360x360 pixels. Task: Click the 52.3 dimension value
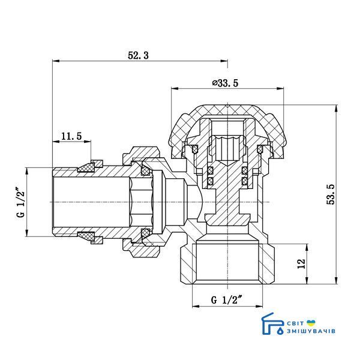[138, 56]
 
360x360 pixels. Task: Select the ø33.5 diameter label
[225, 83]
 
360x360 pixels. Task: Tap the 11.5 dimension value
[71, 136]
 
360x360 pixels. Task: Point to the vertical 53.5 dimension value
[331, 194]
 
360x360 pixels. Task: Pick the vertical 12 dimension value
[301, 263]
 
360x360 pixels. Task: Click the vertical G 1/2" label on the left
[20, 203]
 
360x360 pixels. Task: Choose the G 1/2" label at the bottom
[227, 300]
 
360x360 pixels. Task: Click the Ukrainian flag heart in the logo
[311, 323]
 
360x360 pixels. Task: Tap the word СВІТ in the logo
[295, 323]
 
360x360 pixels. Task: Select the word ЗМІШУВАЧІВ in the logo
[311, 331]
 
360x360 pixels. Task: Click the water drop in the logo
[280, 331]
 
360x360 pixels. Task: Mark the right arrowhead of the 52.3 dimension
[224, 61]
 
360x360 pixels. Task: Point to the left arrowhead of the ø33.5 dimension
[175, 88]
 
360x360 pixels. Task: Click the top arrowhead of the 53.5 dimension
[337, 109]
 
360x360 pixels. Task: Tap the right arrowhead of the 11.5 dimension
[87, 142]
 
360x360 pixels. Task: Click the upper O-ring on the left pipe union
[145, 170]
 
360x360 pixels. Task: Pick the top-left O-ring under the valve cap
[194, 149]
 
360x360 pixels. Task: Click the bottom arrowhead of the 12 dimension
[307, 281]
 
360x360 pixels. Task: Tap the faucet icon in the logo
[271, 324]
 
